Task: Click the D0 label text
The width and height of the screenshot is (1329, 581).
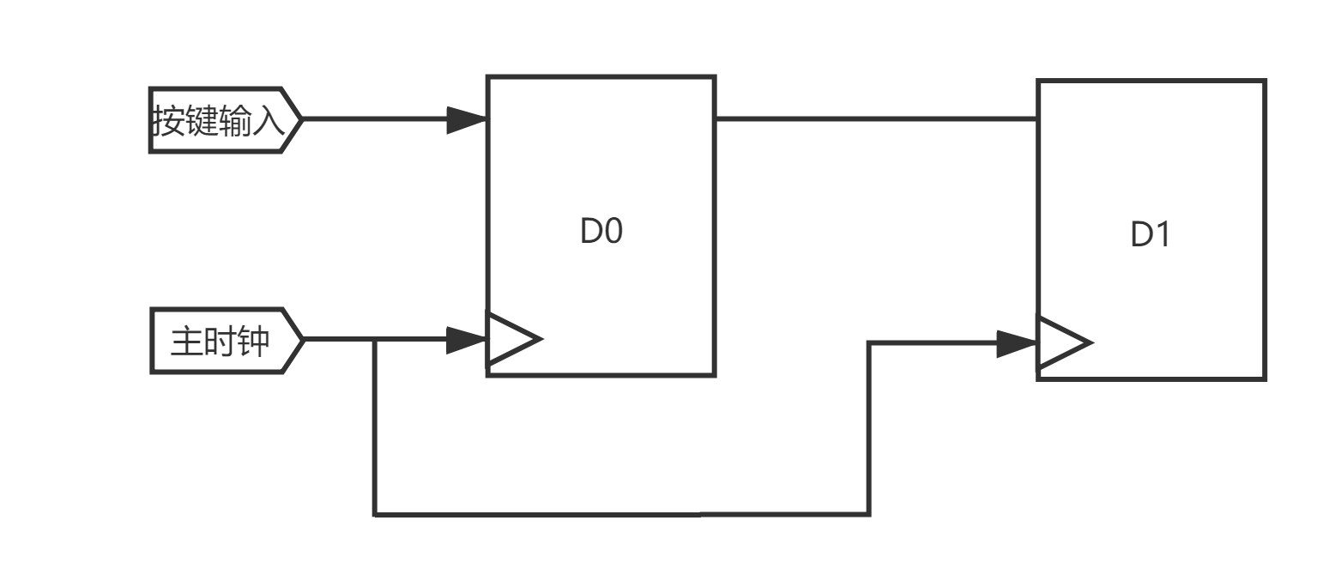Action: pos(601,232)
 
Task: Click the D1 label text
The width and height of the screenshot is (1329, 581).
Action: pos(1151,234)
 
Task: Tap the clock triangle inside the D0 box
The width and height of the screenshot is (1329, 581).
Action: pos(513,340)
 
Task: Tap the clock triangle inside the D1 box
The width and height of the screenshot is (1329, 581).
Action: pos(1063,343)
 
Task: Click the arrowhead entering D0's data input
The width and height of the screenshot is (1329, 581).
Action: pos(466,120)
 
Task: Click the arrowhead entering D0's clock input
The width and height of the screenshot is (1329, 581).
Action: pos(466,341)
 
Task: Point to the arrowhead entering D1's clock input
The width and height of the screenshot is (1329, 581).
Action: pos(1017,344)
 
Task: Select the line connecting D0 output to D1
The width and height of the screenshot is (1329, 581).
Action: pos(875,118)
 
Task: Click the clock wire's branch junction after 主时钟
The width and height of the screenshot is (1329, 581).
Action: pos(375,341)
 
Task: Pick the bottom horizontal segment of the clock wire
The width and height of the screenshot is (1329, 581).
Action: pos(622,514)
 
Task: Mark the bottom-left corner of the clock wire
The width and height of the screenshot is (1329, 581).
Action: pos(375,514)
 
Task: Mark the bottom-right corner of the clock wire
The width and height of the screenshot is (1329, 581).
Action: pos(869,514)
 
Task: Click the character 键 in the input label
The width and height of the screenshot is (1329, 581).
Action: pos(202,121)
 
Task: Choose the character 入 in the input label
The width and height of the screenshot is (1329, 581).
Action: pos(268,121)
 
